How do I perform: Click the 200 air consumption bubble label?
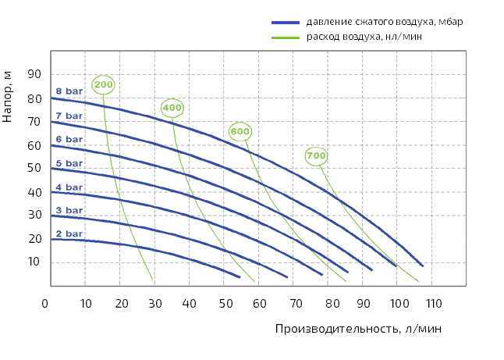(104, 84)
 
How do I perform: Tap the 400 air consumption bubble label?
(172, 108)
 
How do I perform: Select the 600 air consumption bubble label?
(240, 131)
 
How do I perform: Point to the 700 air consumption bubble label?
(316, 156)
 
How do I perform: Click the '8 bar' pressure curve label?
(69, 91)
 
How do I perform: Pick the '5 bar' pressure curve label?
(69, 163)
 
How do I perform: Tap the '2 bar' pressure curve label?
(69, 233)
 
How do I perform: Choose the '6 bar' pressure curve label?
(69, 139)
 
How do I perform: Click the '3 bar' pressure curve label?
(69, 210)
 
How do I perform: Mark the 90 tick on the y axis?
(34, 74)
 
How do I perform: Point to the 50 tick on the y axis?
(34, 168)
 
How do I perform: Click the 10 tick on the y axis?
(34, 262)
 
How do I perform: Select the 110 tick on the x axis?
(433, 302)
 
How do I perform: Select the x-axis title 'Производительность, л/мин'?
(357, 329)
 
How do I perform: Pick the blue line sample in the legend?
(286, 22)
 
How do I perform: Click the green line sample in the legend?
(286, 37)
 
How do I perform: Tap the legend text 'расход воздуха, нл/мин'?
(364, 37)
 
